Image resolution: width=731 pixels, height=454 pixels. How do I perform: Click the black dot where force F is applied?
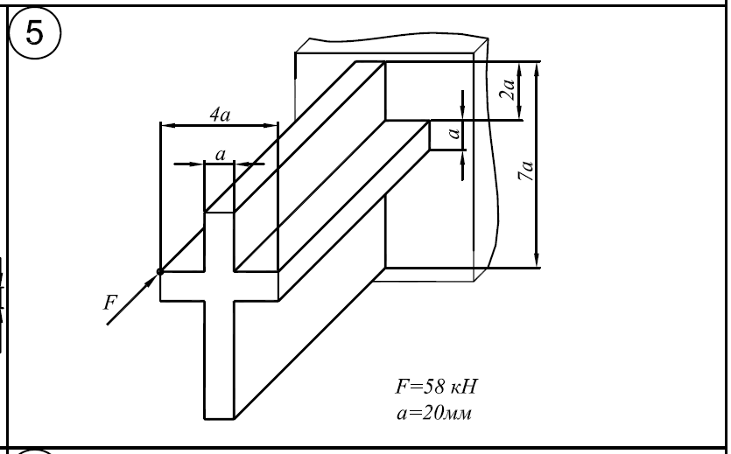tap(160, 272)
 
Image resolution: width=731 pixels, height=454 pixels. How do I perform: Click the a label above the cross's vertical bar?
tap(220, 154)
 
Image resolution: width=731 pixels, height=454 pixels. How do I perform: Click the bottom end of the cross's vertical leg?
tap(219, 416)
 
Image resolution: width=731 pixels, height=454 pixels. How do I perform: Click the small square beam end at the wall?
tap(444, 136)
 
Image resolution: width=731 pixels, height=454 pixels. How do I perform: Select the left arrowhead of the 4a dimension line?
tap(165, 126)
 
